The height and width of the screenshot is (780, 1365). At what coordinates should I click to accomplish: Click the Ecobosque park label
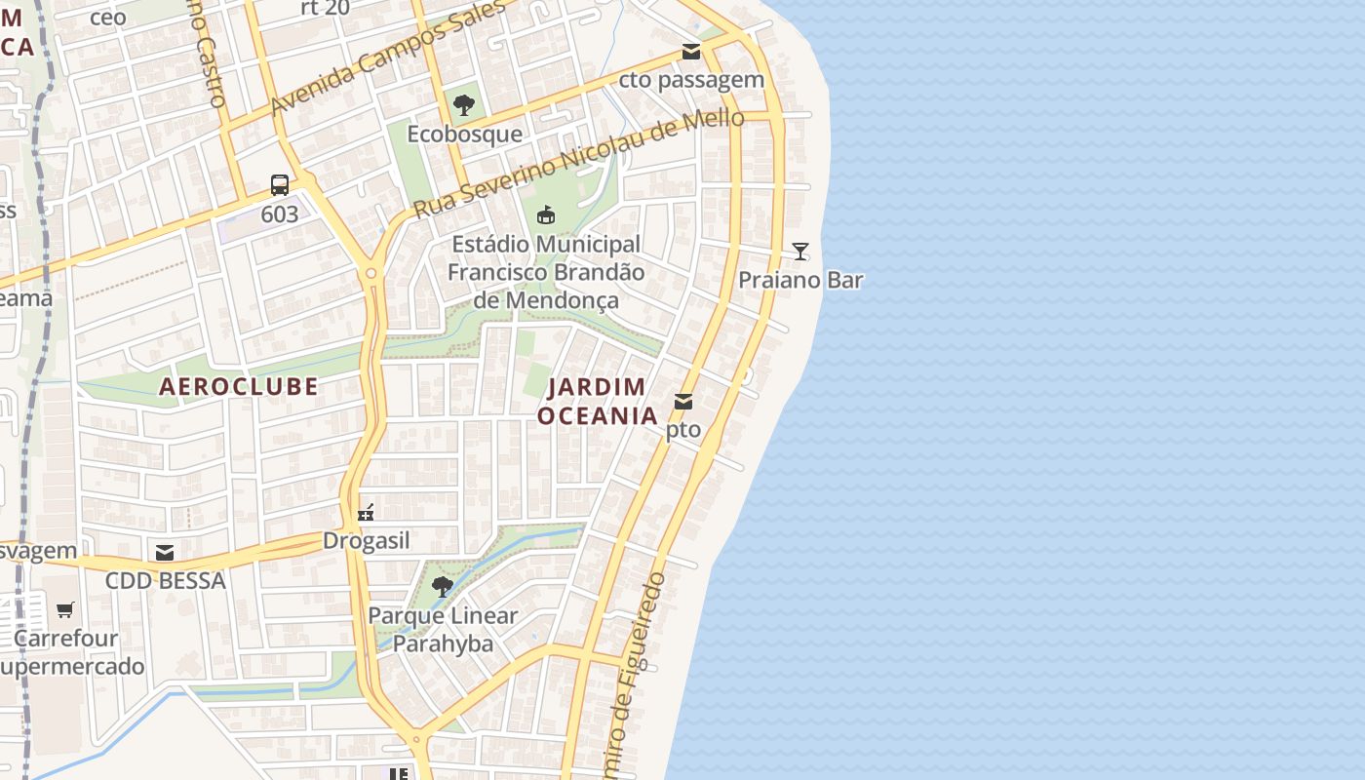[464, 134]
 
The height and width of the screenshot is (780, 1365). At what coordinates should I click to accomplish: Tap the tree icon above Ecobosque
[464, 105]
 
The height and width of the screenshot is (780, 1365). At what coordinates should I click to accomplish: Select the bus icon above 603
[280, 185]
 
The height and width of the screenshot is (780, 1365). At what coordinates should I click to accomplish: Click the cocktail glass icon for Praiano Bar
[800, 252]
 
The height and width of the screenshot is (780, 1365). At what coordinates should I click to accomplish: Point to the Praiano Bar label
[800, 280]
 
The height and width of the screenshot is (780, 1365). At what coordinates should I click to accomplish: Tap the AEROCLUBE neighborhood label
[239, 386]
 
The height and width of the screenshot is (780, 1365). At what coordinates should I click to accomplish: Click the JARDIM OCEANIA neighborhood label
[598, 401]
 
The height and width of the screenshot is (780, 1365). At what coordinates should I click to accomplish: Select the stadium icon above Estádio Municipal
[546, 214]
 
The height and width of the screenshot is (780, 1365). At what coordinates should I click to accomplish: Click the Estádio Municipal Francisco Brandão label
[546, 272]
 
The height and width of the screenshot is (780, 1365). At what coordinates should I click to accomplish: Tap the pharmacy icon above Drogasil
[366, 513]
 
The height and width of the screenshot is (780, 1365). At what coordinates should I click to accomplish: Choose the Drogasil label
[366, 541]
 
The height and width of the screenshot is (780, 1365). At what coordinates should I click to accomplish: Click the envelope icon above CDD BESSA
[165, 553]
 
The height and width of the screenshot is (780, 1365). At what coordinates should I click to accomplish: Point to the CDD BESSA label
[165, 581]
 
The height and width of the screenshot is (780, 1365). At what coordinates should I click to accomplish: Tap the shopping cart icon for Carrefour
[65, 610]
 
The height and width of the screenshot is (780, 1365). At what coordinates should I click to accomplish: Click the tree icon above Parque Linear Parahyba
[443, 586]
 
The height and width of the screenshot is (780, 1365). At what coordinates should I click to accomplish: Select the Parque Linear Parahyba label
[443, 630]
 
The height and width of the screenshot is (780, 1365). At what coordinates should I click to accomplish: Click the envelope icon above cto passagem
[691, 52]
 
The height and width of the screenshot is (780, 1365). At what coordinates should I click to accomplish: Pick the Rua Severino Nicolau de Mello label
[578, 164]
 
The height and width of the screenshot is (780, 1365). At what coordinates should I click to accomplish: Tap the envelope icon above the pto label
[683, 401]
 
